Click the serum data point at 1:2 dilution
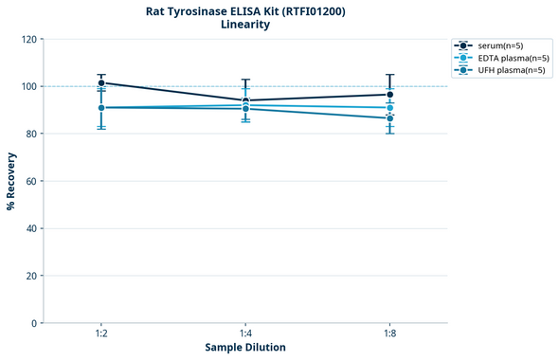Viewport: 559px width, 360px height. click(x=101, y=83)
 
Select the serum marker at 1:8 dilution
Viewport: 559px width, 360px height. click(x=389, y=95)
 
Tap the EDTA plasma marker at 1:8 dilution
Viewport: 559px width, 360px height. click(x=389, y=108)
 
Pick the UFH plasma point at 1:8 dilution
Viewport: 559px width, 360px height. click(x=389, y=118)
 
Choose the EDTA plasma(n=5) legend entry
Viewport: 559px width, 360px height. click(x=498, y=58)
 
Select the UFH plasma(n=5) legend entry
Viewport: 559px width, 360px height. click(x=498, y=70)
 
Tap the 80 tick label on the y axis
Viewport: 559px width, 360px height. click(x=31, y=135)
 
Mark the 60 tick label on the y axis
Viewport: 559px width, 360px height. click(x=31, y=182)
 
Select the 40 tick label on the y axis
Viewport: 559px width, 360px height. click(x=31, y=229)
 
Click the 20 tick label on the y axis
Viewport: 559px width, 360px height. click(x=31, y=277)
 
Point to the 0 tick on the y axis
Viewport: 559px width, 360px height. click(x=34, y=324)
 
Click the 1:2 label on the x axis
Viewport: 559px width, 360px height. click(x=101, y=334)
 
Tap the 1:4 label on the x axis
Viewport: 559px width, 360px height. click(x=245, y=334)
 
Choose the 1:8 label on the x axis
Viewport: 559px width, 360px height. click(x=389, y=334)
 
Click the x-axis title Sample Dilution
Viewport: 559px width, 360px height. click(x=245, y=348)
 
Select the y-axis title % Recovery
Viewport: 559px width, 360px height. click(x=10, y=181)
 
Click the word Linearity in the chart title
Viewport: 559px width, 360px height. click(x=244, y=25)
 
